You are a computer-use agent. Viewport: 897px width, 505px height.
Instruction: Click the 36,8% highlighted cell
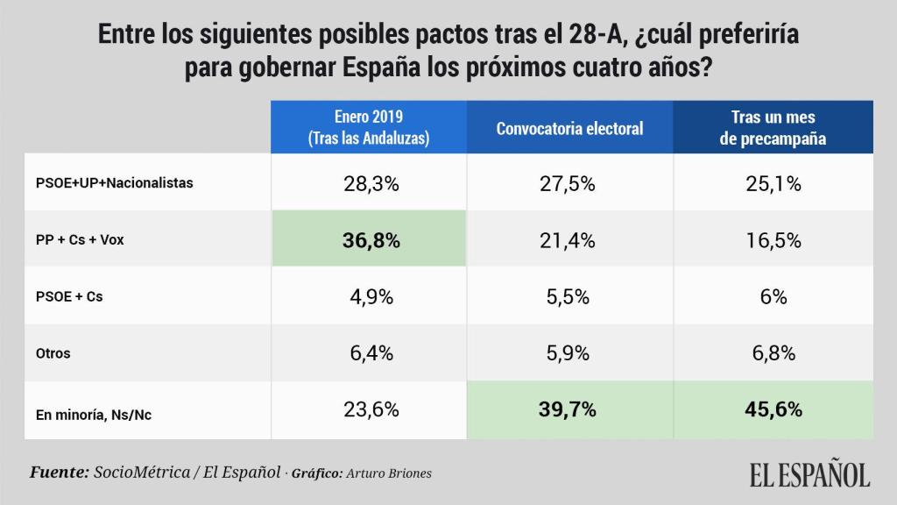(x=369, y=240)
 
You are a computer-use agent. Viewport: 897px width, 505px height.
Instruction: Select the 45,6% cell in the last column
(x=773, y=409)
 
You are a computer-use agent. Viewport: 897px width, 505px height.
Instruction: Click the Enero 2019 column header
(x=369, y=128)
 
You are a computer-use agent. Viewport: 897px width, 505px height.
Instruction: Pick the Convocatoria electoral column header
(x=569, y=128)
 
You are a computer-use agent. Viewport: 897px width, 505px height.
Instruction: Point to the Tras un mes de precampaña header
(x=773, y=128)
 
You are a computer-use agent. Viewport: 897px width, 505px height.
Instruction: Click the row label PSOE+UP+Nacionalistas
(x=114, y=183)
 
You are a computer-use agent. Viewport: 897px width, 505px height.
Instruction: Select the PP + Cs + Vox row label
(x=80, y=240)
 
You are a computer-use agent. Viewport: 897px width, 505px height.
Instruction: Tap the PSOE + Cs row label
(x=69, y=297)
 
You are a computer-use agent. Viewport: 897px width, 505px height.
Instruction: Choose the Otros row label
(x=53, y=354)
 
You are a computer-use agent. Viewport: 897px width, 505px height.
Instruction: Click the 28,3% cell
(x=369, y=184)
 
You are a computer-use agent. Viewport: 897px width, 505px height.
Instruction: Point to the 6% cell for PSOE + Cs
(x=773, y=297)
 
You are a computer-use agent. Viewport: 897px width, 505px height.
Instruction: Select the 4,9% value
(x=369, y=297)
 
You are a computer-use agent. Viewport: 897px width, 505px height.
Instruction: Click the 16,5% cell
(x=773, y=240)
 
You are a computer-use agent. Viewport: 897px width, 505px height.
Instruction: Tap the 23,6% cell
(x=369, y=409)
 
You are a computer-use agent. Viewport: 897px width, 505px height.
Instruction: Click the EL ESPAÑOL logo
(x=809, y=474)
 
